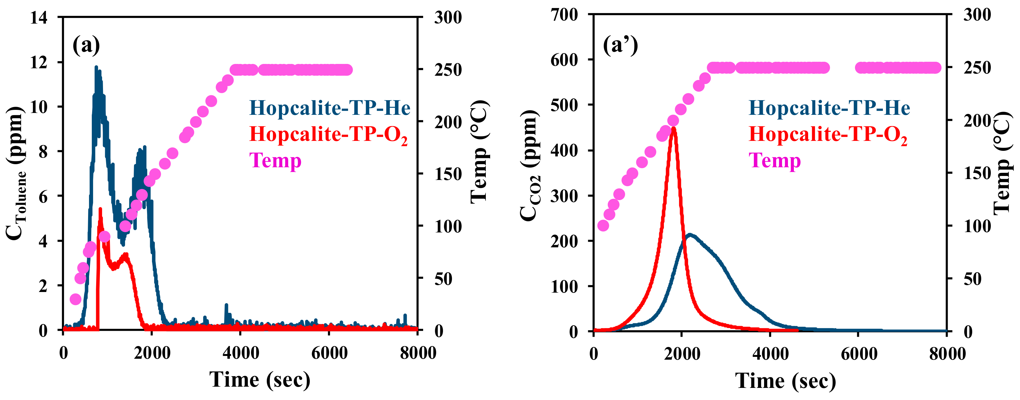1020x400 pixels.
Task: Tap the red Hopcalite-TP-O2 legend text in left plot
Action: [328, 135]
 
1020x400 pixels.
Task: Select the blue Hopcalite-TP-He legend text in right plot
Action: [829, 108]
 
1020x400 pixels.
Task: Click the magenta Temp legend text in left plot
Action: [275, 160]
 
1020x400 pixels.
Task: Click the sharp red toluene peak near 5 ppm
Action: [100, 209]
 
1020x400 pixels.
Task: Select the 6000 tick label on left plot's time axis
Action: [329, 353]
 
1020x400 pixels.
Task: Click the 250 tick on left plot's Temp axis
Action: [448, 70]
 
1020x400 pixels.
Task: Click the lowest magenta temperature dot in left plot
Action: [75, 299]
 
